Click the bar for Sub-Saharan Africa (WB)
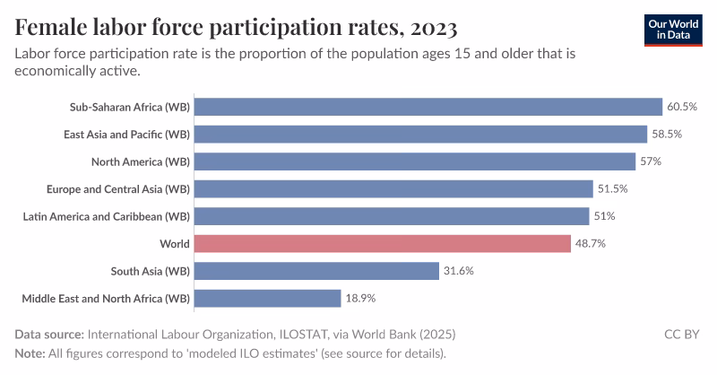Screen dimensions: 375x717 [428, 107]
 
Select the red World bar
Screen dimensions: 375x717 [382, 243]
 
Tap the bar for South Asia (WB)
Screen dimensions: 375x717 [316, 271]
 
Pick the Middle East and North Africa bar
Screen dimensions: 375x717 [267, 298]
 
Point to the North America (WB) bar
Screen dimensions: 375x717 [414, 161]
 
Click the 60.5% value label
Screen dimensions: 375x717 [682, 107]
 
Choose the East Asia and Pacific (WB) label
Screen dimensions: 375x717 [126, 135]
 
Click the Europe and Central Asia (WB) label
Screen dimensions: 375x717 [117, 189]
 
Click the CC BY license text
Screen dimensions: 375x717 [682, 335]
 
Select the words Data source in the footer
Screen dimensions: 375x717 [48, 335]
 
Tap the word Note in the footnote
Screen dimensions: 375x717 [30, 353]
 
